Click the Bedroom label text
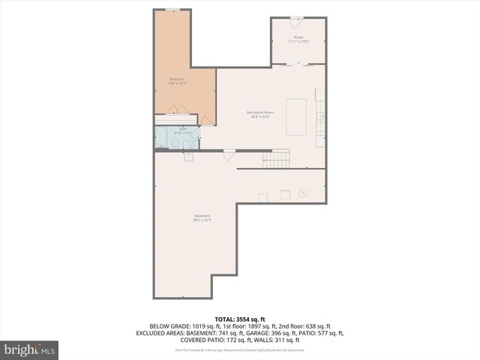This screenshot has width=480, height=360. pos(177,80)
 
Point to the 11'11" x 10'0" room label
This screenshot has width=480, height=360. pos(298,39)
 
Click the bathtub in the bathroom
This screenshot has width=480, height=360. pos(161,137)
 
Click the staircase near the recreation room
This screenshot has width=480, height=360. pos(280,158)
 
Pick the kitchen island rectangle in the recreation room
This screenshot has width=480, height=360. pos(295,117)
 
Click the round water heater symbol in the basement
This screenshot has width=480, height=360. pos(304,192)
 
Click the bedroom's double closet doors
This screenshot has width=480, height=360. pos(176,110)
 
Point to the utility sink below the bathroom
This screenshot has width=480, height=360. pos(188,157)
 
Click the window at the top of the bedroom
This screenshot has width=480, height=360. pos(173,9)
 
